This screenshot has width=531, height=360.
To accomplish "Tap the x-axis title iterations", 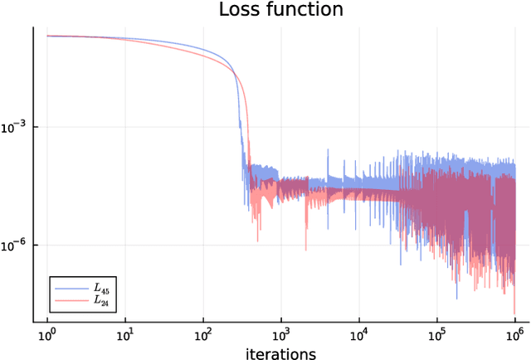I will pos(281,354).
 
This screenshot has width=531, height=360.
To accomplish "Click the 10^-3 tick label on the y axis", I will pos(14,127).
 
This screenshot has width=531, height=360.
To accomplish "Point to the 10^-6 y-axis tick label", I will pos(14,246).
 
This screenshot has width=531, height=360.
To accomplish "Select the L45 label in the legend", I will pos(100,289).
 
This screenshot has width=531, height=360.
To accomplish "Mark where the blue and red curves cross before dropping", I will pos(235,76).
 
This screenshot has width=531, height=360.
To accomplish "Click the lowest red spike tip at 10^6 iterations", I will pos(514,314).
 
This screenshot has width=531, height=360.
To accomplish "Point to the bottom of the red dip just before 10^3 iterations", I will pos(257,241).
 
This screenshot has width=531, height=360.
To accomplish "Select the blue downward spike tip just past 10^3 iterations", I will pos(305,250).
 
